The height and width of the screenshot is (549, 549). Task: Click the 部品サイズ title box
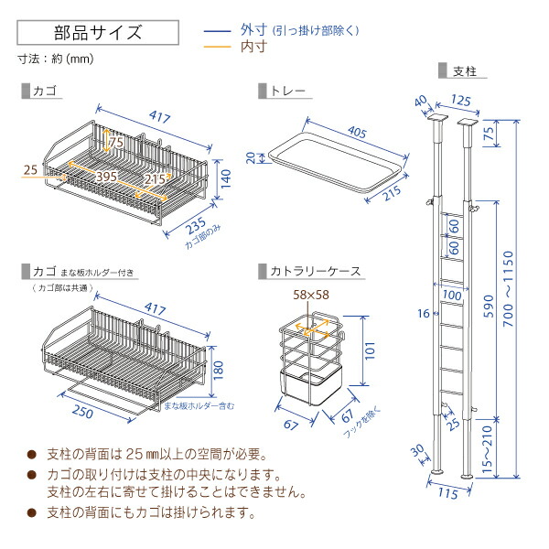click(96, 33)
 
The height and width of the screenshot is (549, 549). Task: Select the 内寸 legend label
click(255, 47)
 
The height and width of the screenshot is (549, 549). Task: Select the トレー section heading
click(286, 92)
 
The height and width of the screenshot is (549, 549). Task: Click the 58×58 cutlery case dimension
click(311, 294)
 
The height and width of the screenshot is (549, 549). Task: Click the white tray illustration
click(334, 160)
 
